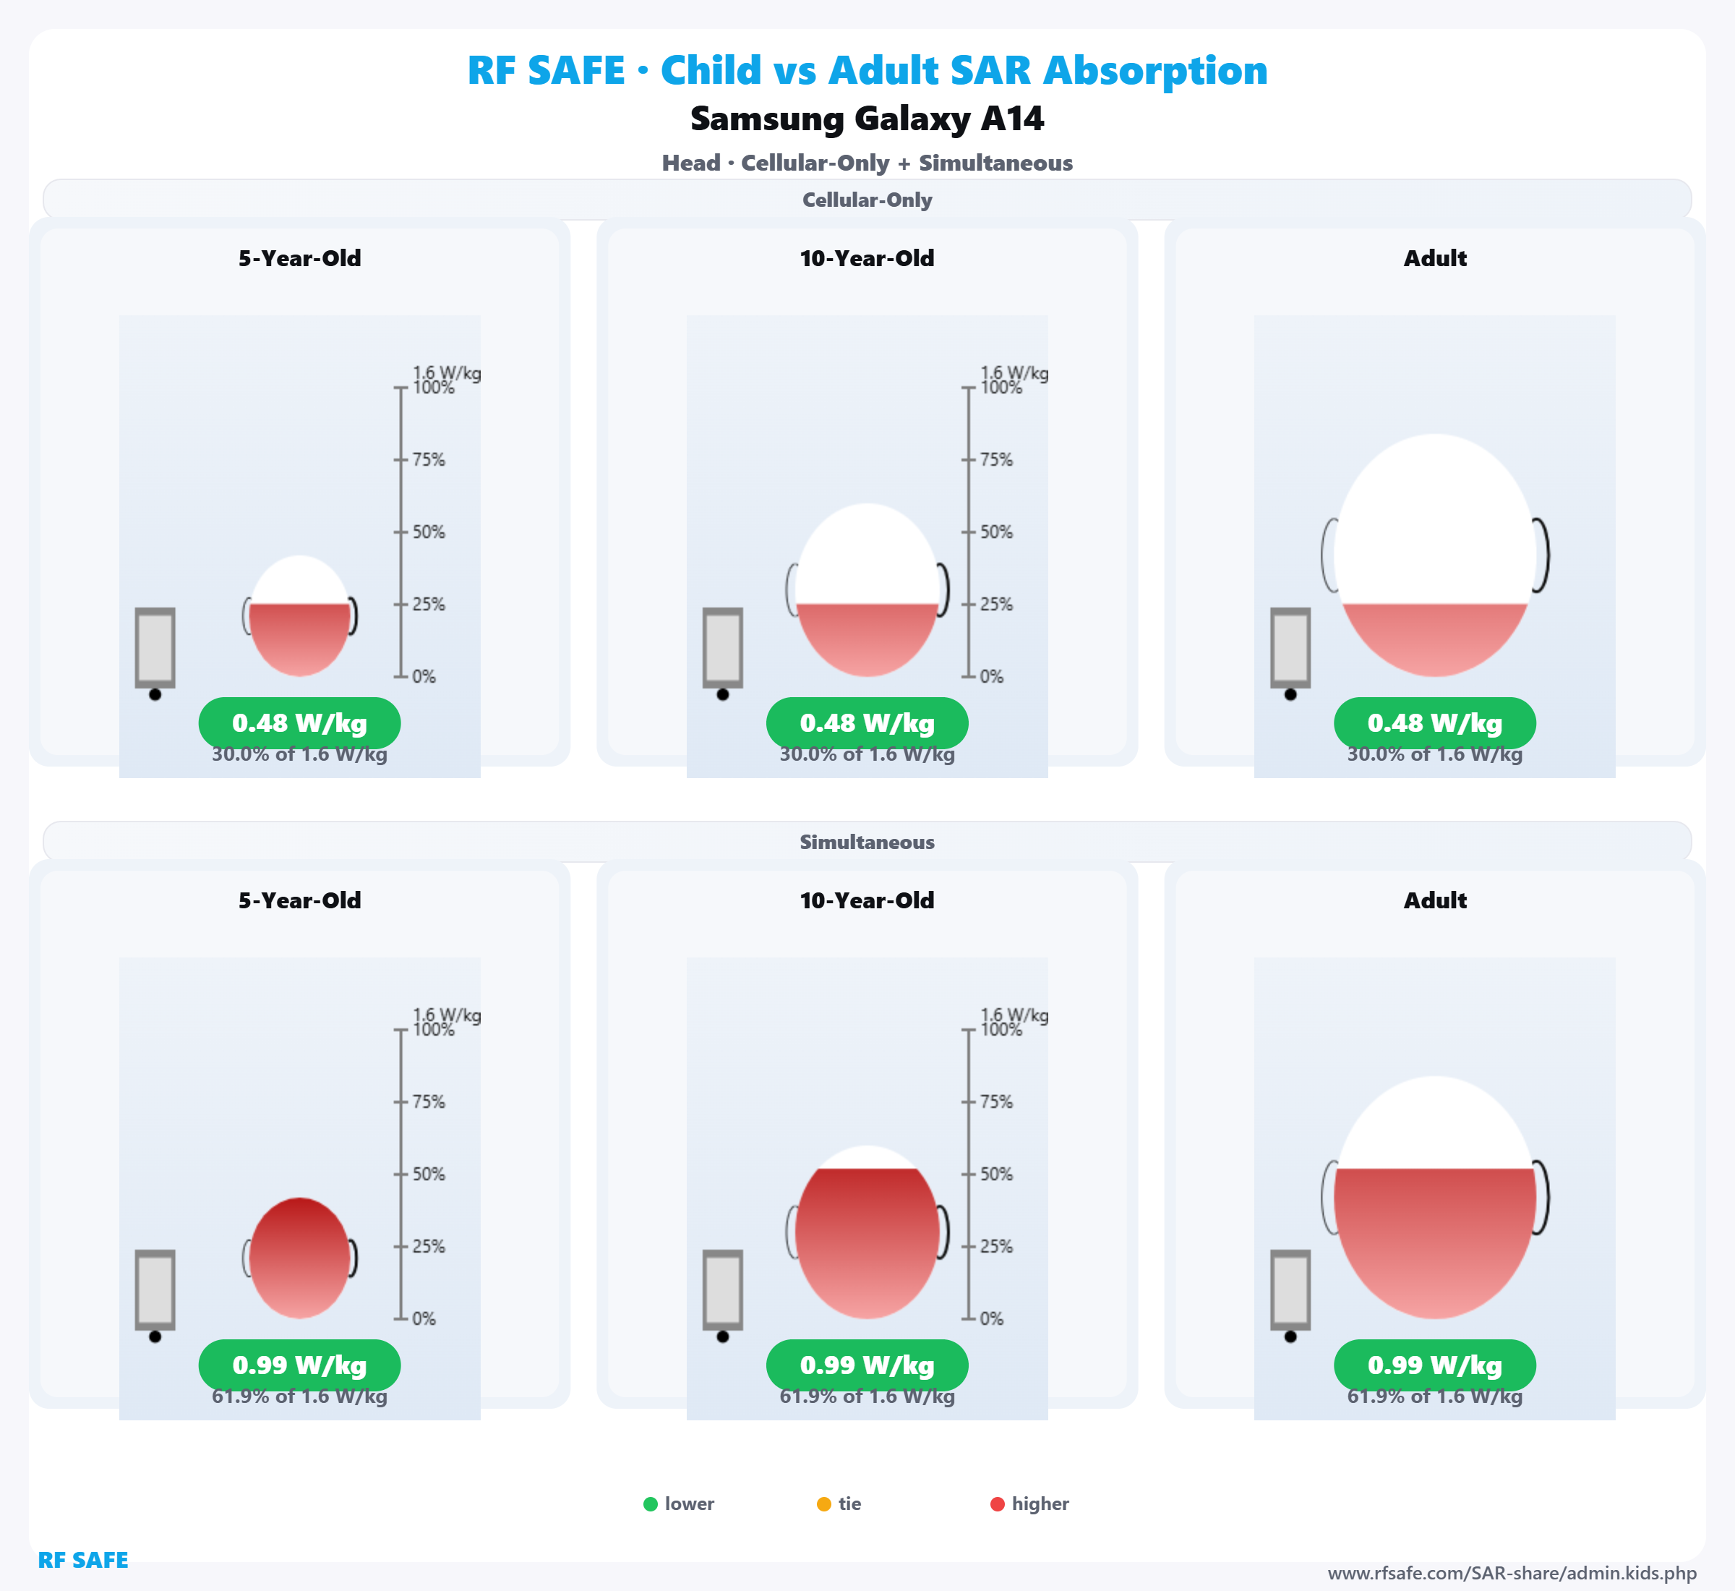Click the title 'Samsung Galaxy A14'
pos(867,119)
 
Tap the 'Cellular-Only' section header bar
pos(867,200)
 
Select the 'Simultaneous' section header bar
pos(867,842)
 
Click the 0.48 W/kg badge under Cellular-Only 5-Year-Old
pos(299,723)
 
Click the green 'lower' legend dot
pos(651,1504)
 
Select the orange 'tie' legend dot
pos(823,1504)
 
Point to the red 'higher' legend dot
pos(998,1504)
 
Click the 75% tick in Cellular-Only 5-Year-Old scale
pos(401,460)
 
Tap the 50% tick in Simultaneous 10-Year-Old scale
pos(969,1174)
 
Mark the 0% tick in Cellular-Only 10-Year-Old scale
pos(969,677)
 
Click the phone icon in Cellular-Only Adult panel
pos(1290,648)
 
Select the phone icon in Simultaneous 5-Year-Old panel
pos(155,1289)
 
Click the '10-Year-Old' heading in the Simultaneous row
pos(867,900)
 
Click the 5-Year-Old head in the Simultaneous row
pos(299,1258)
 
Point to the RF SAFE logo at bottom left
pos(82,1560)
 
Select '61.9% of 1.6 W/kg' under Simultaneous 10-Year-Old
pos(867,1396)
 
